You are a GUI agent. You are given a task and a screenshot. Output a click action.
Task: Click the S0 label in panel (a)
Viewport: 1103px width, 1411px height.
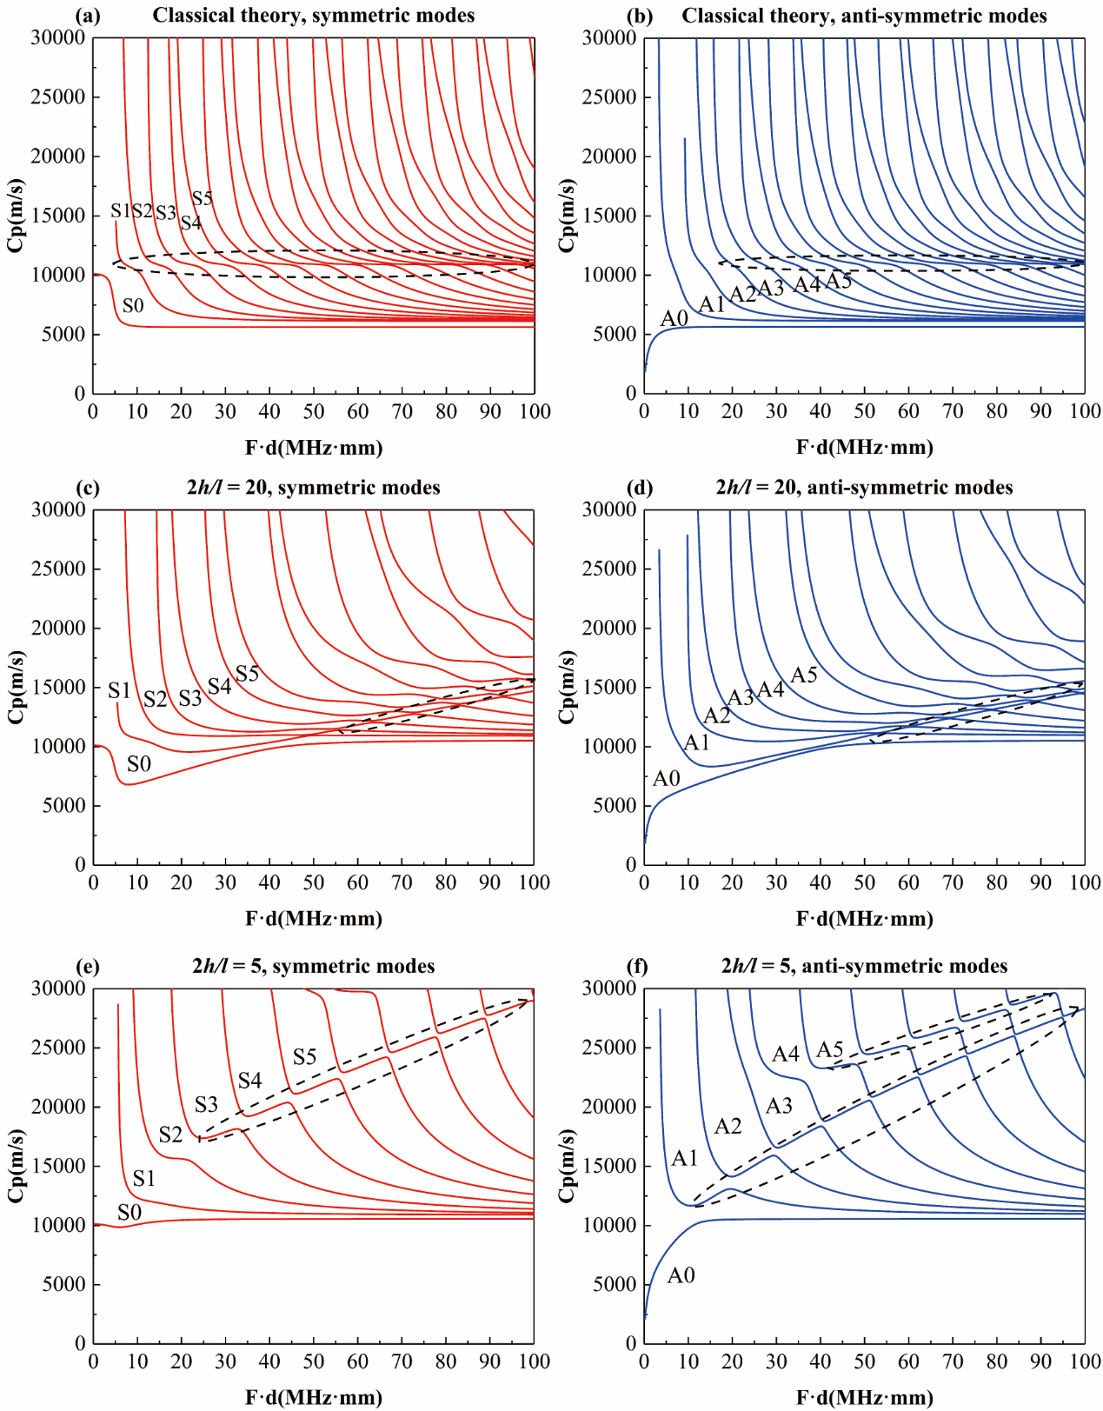click(133, 305)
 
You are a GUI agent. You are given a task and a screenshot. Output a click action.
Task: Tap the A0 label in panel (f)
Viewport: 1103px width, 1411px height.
click(681, 1275)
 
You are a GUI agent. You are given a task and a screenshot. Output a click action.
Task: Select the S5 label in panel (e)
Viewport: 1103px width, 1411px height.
click(304, 1056)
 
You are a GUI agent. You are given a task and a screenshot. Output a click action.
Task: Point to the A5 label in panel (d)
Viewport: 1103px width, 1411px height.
click(804, 675)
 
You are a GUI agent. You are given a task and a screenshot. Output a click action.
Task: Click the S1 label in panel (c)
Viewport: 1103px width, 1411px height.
click(119, 690)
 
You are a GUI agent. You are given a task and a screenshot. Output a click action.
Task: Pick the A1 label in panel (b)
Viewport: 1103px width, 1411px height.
click(712, 303)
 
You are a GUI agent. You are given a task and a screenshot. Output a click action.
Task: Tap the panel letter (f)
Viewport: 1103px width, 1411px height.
click(639, 966)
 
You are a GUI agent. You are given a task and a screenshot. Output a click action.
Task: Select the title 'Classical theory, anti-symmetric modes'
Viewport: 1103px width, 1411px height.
click(864, 15)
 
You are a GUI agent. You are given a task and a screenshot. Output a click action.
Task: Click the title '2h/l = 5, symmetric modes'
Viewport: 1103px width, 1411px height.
click(313, 966)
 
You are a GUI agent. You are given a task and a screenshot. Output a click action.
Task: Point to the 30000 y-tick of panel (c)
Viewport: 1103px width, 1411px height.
click(58, 509)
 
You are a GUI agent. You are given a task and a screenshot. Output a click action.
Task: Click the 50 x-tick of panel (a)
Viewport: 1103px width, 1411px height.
click(314, 411)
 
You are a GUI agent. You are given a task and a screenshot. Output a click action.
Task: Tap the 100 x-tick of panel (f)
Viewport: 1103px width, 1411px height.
click(1085, 1361)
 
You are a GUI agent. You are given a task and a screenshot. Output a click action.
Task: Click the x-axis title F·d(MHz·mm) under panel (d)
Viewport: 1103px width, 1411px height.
click(864, 918)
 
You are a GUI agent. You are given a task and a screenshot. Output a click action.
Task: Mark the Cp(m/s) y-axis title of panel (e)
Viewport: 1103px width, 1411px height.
click(16, 1166)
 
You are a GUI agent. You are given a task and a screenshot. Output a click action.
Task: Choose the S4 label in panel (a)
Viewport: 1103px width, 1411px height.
click(191, 223)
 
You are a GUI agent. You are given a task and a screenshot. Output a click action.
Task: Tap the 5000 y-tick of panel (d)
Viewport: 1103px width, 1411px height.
click(615, 806)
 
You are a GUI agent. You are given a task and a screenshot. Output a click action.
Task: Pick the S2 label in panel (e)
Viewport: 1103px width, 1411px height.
click(170, 1135)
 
